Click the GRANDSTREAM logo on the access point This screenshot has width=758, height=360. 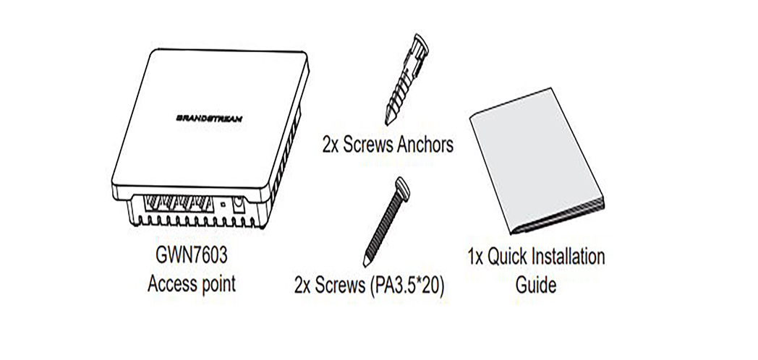click(209, 118)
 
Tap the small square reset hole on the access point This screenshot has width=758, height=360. click(222, 205)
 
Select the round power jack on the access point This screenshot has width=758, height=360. click(238, 205)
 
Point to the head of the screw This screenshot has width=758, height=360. click(403, 188)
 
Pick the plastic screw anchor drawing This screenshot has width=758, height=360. click(406, 80)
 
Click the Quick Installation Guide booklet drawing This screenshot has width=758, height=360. click(537, 161)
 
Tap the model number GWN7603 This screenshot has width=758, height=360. click(192, 256)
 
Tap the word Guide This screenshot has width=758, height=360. click(536, 285)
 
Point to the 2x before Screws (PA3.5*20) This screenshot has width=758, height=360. click(302, 286)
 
